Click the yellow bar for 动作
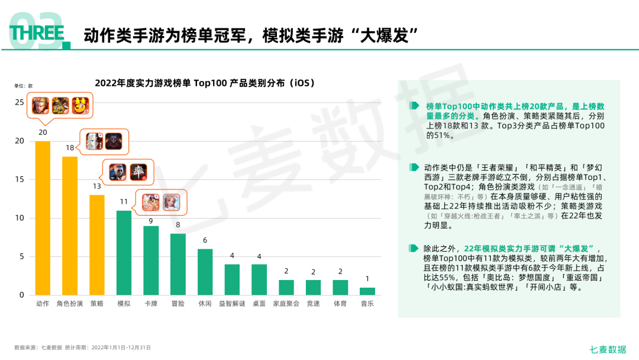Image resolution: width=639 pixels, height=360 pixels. tap(43, 218)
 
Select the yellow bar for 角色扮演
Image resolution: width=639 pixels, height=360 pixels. tap(70, 226)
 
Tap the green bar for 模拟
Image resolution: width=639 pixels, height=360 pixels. tap(124, 253)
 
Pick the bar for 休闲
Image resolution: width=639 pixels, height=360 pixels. tap(205, 272)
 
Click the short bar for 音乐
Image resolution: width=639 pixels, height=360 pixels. tap(367, 291)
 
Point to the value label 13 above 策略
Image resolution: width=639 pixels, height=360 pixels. tap(96, 187)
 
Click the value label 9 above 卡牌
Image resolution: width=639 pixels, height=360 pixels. tap(151, 221)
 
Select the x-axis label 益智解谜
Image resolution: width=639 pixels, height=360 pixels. tap(232, 304)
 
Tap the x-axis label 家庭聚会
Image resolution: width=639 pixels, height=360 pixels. tap(286, 304)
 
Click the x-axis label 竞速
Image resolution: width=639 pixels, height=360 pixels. tap(313, 304)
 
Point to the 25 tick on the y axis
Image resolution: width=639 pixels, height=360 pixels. tap(20, 102)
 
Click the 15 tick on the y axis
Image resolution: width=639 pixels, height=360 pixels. tap(20, 179)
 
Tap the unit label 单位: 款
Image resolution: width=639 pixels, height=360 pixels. tap(23, 86)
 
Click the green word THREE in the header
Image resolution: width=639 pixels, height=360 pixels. tap(37, 33)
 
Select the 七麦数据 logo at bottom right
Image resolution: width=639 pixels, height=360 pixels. tap(608, 349)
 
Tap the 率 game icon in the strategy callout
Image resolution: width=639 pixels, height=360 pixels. tap(138, 172)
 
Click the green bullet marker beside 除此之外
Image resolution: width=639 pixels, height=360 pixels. tap(414, 248)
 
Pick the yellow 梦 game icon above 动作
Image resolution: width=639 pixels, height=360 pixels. tap(80, 105)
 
